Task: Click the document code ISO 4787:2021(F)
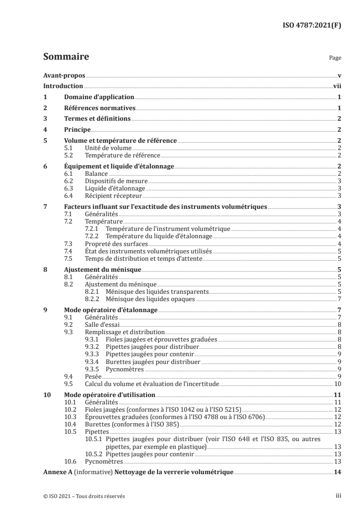click(x=311, y=26)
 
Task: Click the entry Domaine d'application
click(x=99, y=97)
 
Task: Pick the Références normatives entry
click(x=100, y=108)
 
